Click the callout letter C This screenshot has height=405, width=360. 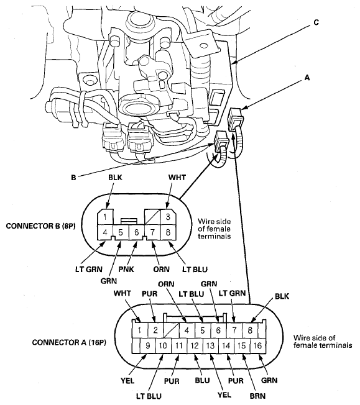click(316, 23)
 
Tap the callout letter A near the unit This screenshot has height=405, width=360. click(307, 78)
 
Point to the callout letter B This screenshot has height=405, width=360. click(74, 178)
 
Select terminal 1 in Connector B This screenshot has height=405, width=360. click(105, 217)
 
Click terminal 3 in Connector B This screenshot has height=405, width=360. click(168, 217)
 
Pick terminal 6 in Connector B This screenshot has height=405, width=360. click(137, 232)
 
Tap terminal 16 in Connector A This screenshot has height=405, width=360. click(257, 345)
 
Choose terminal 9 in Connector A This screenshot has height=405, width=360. click(148, 345)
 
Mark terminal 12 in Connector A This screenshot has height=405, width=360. click(195, 345)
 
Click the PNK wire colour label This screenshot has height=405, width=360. click(126, 269)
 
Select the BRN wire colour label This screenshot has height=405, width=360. click(257, 396)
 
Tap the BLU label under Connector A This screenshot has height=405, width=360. click(202, 380)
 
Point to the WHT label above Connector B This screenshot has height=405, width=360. click(177, 178)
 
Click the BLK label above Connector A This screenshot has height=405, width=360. click(282, 296)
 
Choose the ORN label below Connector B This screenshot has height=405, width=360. click(161, 269)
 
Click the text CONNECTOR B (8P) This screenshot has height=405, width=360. click(40, 226)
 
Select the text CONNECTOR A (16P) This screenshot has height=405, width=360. click(69, 342)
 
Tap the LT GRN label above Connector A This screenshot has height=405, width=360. click(232, 293)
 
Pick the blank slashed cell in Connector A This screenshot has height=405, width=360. click(172, 330)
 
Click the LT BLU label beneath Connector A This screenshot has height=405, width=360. click(149, 396)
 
